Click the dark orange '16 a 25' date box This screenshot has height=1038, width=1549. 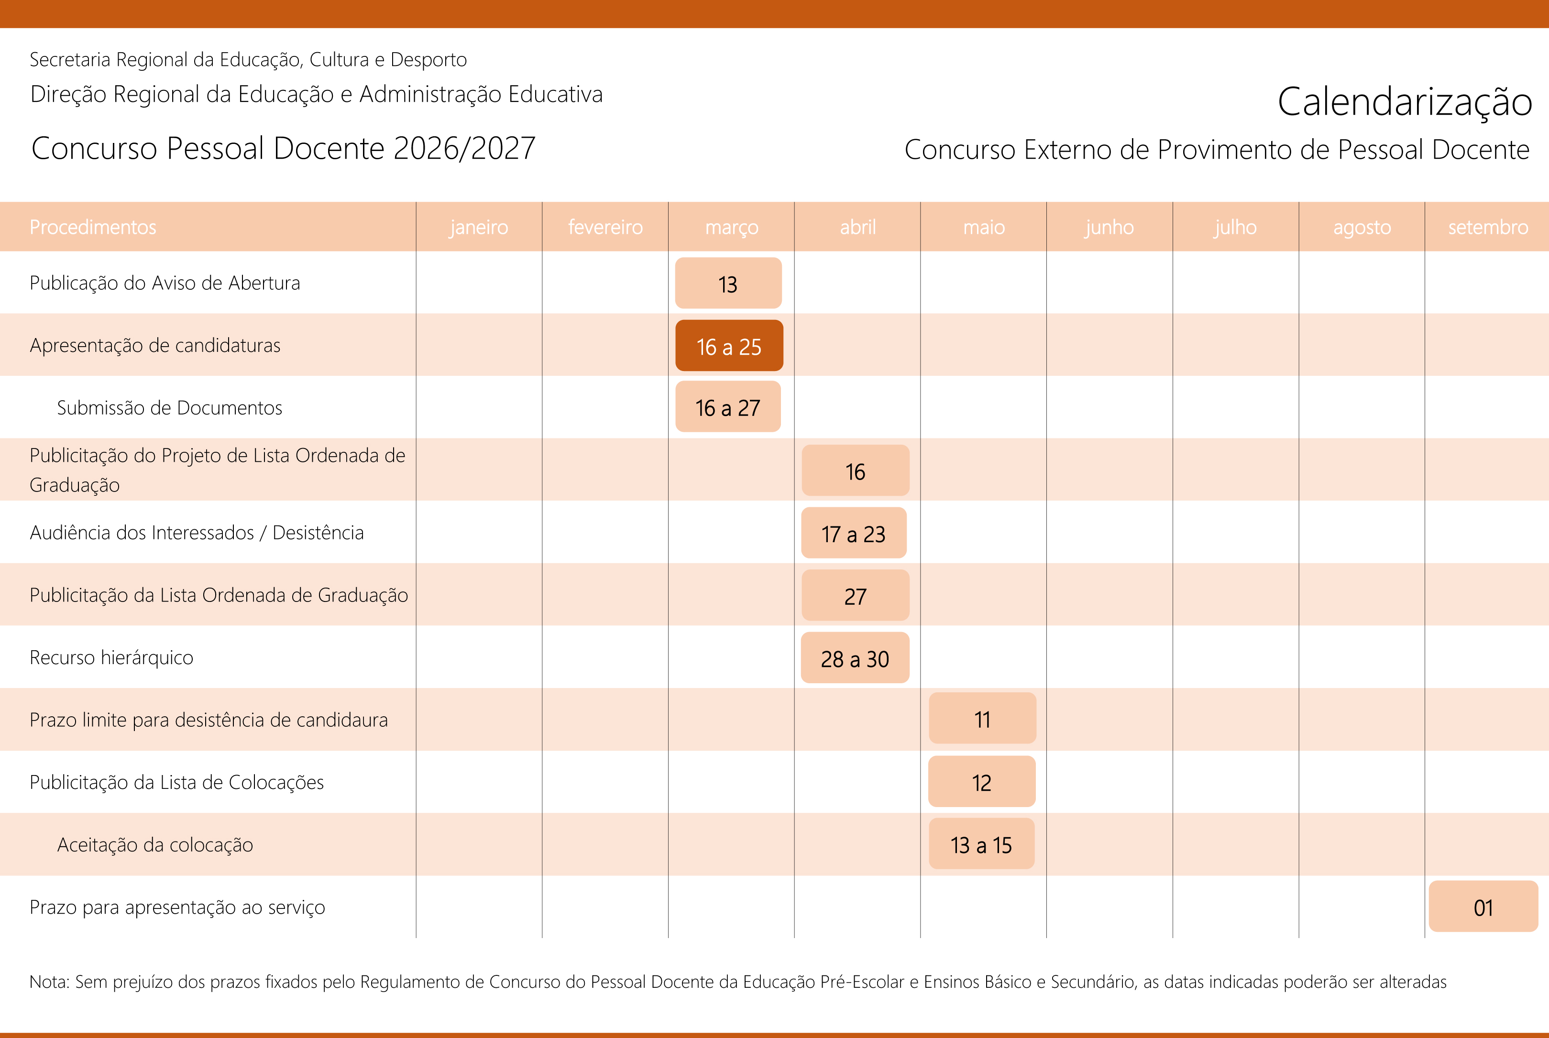click(729, 346)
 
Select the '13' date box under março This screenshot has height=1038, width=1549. click(728, 284)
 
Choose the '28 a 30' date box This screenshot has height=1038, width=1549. click(855, 658)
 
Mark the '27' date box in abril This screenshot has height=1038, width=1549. click(855, 596)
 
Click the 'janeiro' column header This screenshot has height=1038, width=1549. click(479, 227)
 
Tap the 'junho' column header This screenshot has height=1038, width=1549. click(1109, 227)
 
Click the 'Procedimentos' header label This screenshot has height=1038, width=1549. click(93, 227)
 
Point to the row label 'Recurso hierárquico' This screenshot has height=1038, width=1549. click(111, 657)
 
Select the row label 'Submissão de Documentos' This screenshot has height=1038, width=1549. click(169, 407)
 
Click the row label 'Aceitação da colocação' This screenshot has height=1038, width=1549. click(155, 845)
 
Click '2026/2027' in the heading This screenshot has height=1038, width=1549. click(464, 148)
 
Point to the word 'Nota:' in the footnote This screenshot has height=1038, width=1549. click(50, 982)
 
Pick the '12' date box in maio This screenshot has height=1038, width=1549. click(982, 782)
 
